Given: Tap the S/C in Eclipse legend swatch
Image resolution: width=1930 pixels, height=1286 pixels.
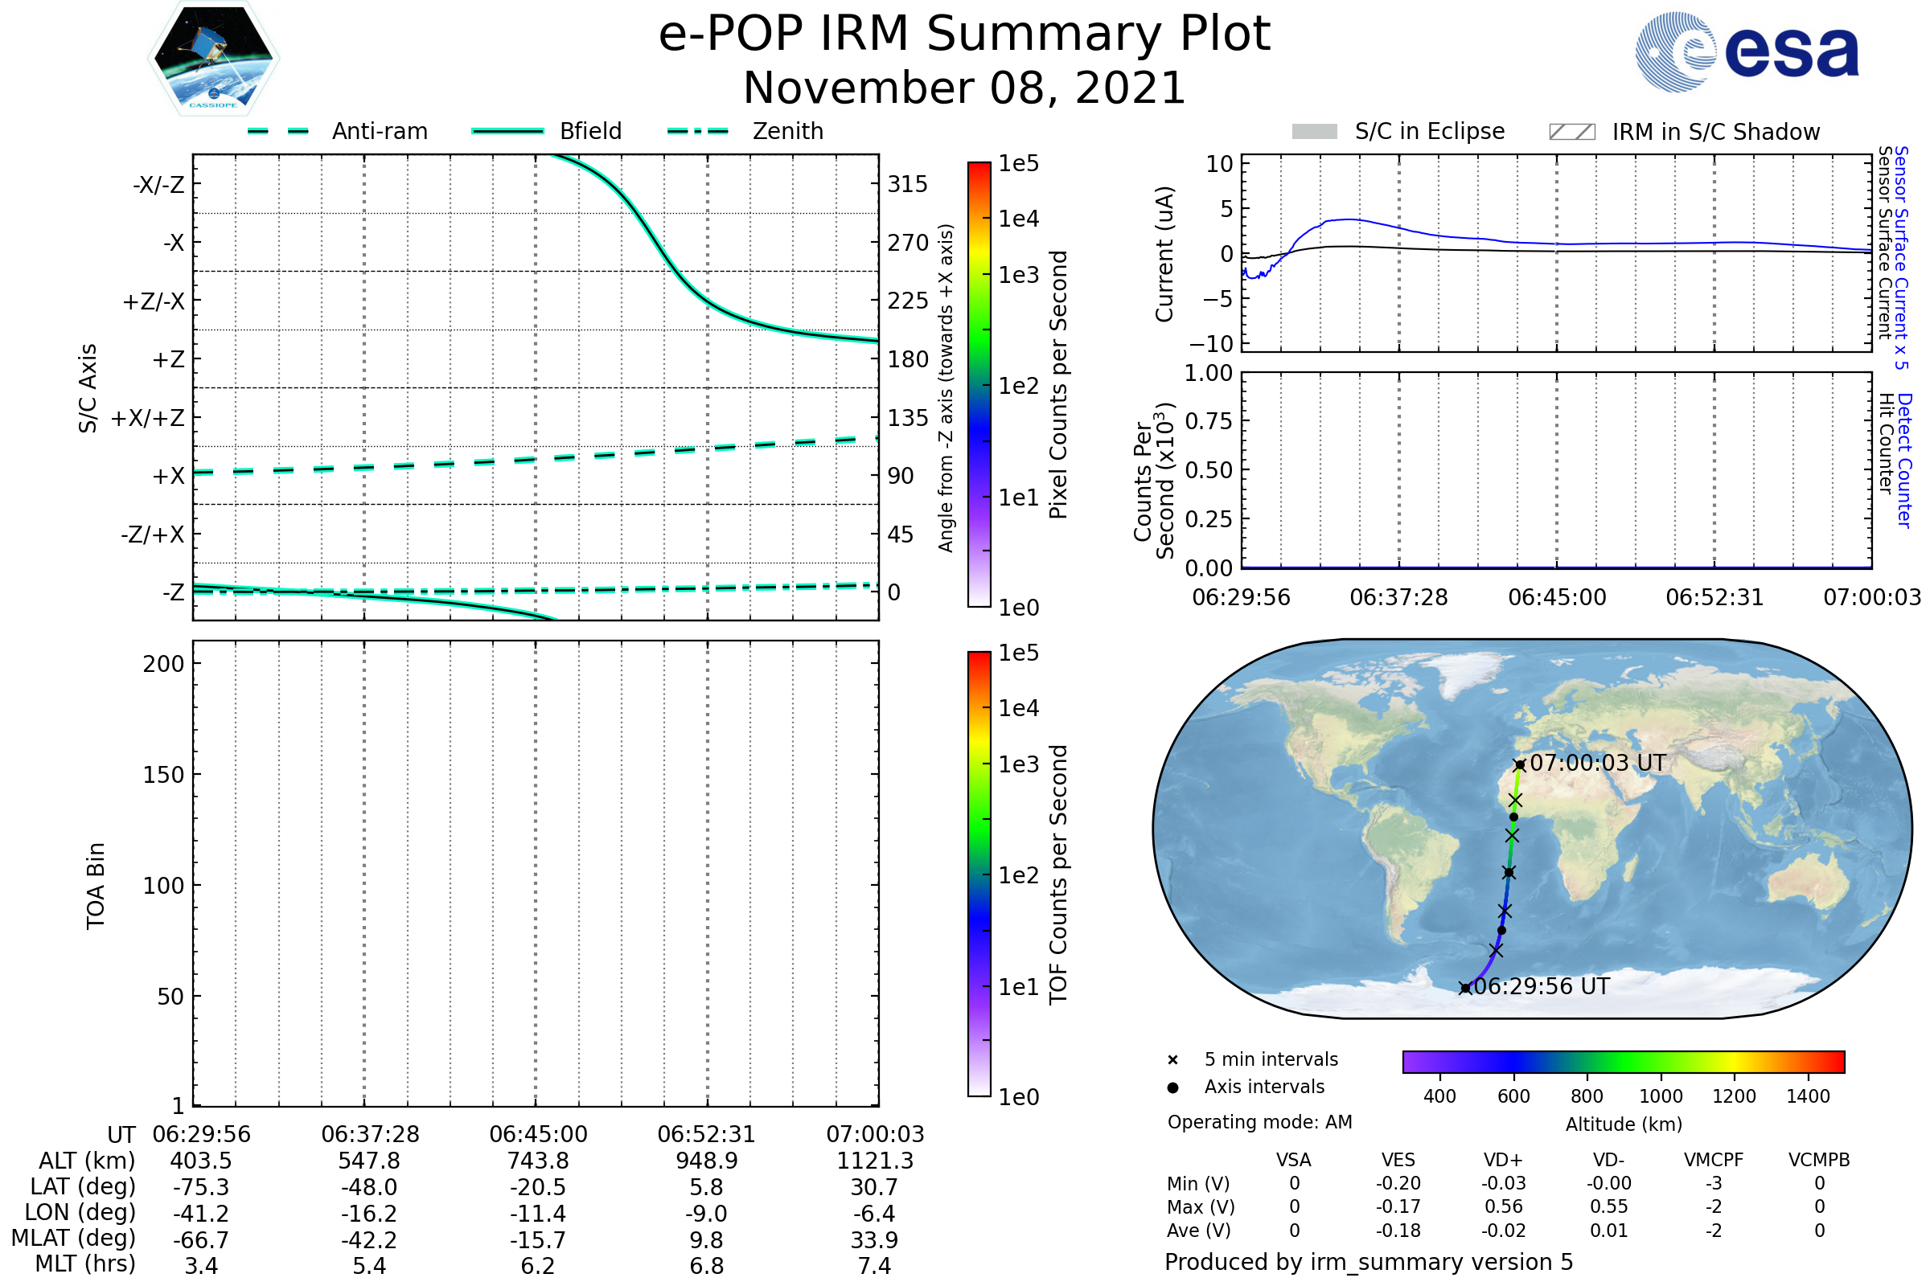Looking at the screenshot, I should point(1314,132).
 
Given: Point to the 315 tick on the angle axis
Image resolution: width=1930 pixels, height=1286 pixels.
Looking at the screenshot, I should point(908,185).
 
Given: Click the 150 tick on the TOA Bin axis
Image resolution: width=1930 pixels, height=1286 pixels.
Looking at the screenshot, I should point(163,775).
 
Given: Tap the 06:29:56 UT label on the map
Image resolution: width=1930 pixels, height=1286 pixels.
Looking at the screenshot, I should point(1542,987).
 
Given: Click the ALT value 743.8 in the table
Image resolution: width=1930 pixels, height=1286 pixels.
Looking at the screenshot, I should point(538,1161).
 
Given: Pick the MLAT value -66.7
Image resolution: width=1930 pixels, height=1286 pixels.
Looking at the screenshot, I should point(201,1240).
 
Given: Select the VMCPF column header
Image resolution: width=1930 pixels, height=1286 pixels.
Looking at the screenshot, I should point(1714,1161).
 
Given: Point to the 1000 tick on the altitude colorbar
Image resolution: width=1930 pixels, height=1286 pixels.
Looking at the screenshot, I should point(1661,1096).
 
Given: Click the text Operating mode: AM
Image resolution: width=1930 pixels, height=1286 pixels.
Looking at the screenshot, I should point(1259,1122).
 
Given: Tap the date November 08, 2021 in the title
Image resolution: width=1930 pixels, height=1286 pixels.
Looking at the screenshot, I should point(964,88).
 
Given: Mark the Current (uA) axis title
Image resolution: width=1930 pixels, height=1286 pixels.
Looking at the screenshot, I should point(1165,254).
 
